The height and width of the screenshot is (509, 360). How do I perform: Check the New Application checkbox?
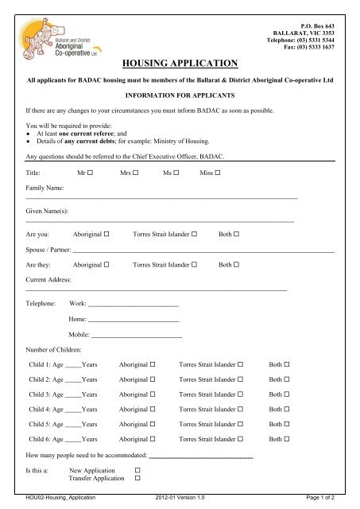coord(137,471)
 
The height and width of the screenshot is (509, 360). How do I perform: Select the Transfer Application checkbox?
coord(137,480)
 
